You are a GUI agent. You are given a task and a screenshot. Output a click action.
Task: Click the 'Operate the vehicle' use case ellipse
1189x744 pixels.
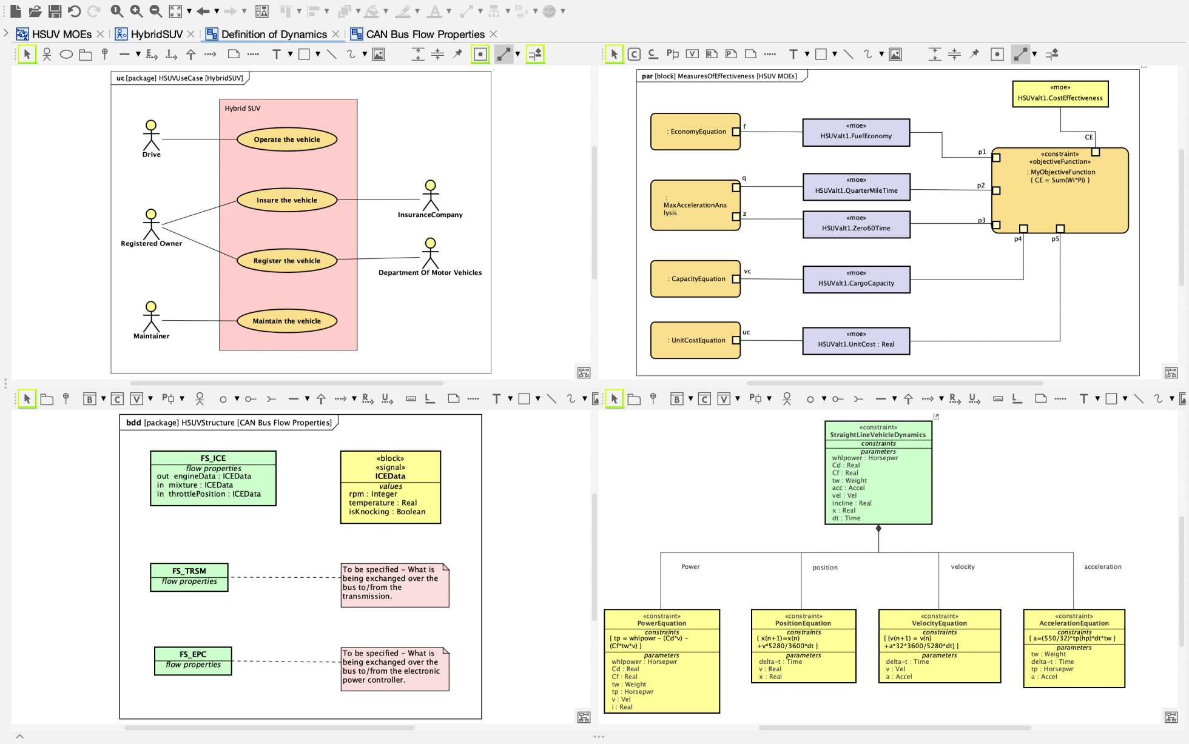286,139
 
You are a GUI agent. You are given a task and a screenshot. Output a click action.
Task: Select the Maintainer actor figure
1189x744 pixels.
151,317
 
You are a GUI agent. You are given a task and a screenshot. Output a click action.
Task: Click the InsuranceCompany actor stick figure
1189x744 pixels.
430,195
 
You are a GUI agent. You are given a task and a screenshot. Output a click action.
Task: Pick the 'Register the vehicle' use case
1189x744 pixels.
286,261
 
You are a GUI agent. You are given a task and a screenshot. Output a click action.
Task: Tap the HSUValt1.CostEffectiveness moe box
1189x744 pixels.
1060,94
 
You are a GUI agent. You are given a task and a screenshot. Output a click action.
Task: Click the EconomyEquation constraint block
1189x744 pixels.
695,132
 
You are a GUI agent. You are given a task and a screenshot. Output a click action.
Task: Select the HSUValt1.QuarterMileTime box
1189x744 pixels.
856,187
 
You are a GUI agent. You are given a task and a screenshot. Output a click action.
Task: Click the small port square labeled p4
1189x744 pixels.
1023,229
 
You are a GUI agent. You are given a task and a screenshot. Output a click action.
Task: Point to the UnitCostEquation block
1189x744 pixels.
695,340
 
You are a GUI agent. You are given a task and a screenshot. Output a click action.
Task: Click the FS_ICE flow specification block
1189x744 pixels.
213,478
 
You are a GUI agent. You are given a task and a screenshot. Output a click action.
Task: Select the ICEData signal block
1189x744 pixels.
390,487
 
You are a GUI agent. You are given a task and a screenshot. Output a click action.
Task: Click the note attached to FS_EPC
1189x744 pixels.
394,669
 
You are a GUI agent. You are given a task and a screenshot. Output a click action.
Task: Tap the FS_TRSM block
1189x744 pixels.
189,577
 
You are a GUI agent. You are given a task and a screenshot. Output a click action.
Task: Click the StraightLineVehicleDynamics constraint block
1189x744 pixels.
878,473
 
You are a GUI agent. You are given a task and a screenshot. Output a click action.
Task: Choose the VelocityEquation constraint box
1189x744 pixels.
939,646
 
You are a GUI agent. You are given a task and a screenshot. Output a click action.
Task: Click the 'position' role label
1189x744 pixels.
824,568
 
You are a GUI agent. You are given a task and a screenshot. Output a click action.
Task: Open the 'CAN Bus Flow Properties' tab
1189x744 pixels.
425,35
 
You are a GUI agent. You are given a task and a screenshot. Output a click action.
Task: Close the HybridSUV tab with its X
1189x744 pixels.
191,34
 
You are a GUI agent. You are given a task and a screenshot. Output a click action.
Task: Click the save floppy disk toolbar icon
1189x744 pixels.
55,11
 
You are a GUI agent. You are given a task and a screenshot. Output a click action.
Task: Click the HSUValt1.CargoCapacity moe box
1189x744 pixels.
856,279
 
